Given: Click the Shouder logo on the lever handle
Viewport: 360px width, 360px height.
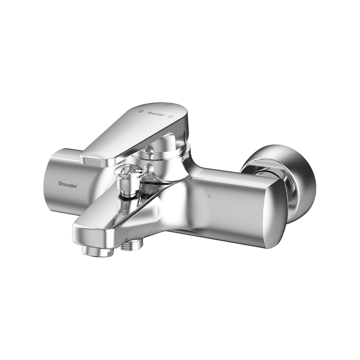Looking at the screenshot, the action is point(156,113).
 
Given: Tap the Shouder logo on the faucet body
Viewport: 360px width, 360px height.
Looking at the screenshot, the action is point(68,184).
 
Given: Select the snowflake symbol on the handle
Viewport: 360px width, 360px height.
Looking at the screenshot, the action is point(171,116).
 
